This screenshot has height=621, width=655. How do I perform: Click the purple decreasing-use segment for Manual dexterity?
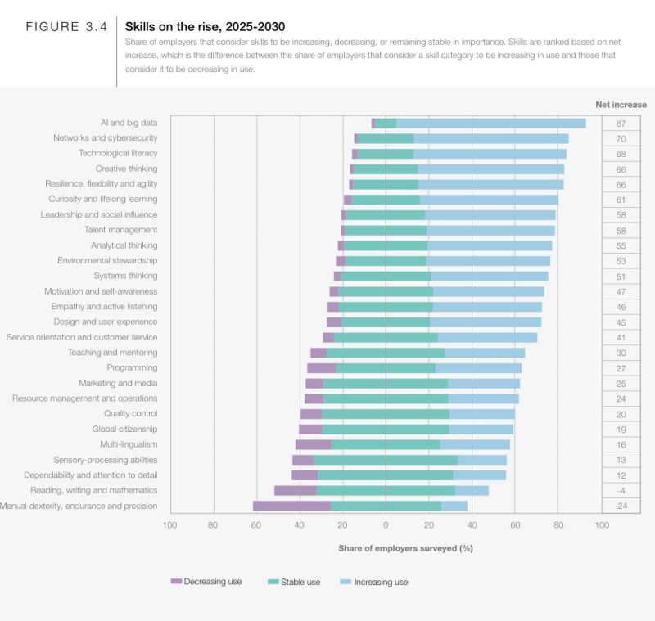pos(291,506)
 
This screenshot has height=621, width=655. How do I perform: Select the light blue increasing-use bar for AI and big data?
pos(491,123)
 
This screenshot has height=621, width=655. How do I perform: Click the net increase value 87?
pos(620,123)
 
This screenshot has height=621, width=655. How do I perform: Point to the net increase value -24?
pos(620,506)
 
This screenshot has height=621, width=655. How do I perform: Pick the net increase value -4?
pos(620,490)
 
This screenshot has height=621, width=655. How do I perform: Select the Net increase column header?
pos(620,105)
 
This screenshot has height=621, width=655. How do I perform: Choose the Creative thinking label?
pos(126,169)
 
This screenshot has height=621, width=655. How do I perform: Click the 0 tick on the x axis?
pos(386,525)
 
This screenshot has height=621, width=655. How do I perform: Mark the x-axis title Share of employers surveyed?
pos(405,547)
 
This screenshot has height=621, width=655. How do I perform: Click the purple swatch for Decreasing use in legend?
pos(176,582)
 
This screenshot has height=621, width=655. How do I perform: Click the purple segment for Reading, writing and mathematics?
pos(295,490)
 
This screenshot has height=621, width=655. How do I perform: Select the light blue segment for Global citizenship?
pos(481,429)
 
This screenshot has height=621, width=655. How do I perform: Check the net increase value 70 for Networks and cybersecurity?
pos(620,138)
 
